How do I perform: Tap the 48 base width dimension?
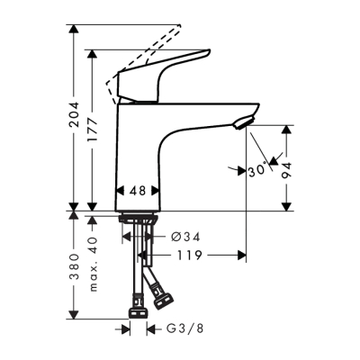pyautogui.click(x=137, y=192)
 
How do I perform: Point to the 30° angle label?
pyautogui.click(x=256, y=168)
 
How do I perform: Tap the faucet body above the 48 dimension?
pyautogui.click(x=139, y=148)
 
